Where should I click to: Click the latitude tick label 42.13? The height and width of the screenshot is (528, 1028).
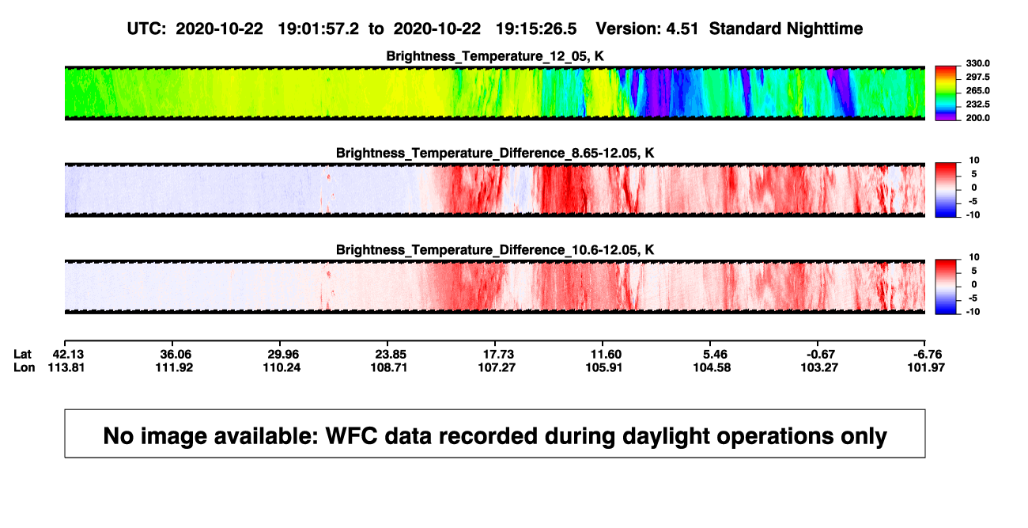[x=68, y=355]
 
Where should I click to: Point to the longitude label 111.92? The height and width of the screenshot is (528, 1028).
[x=174, y=367]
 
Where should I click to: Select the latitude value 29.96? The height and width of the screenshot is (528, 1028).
[x=283, y=355]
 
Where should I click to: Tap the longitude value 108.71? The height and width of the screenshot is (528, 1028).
[x=389, y=367]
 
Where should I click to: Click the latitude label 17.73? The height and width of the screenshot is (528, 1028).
[x=498, y=355]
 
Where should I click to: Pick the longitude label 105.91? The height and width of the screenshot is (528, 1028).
[x=604, y=367]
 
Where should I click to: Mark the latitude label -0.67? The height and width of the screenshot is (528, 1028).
[x=820, y=355]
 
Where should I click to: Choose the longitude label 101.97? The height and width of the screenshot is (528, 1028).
[x=926, y=367]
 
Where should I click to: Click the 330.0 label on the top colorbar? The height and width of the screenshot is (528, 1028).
[x=977, y=63]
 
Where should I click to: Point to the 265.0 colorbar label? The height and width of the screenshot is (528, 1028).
[x=977, y=90]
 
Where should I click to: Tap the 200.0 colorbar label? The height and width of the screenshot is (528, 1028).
[x=977, y=118]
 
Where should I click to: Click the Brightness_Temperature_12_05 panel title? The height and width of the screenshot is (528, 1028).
[x=495, y=56]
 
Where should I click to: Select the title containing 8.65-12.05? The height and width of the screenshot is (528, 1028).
[x=495, y=153]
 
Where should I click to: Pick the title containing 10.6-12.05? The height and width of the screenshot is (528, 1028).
[x=495, y=250]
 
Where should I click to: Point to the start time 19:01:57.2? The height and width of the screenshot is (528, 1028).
[x=318, y=28]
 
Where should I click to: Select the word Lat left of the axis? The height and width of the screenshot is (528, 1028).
[x=22, y=355]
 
